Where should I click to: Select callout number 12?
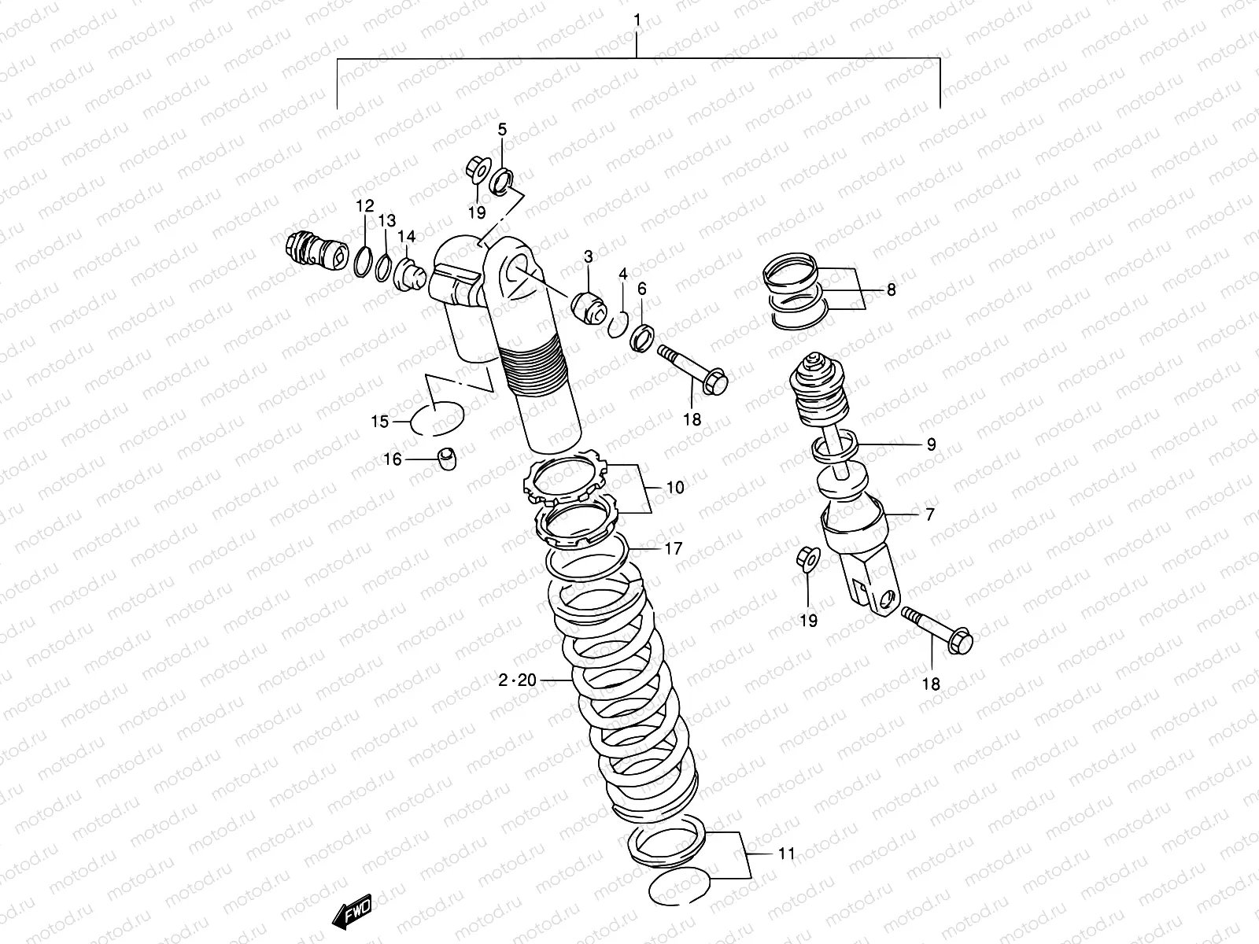(364, 207)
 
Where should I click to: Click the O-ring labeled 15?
(438, 418)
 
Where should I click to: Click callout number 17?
(674, 549)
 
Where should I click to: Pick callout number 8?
(891, 289)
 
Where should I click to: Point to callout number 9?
(930, 444)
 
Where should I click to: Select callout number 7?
(929, 514)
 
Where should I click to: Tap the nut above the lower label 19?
(807, 558)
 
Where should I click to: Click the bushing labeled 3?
(591, 307)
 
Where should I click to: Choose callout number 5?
(502, 130)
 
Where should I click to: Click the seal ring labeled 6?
(641, 337)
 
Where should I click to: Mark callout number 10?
(674, 488)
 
